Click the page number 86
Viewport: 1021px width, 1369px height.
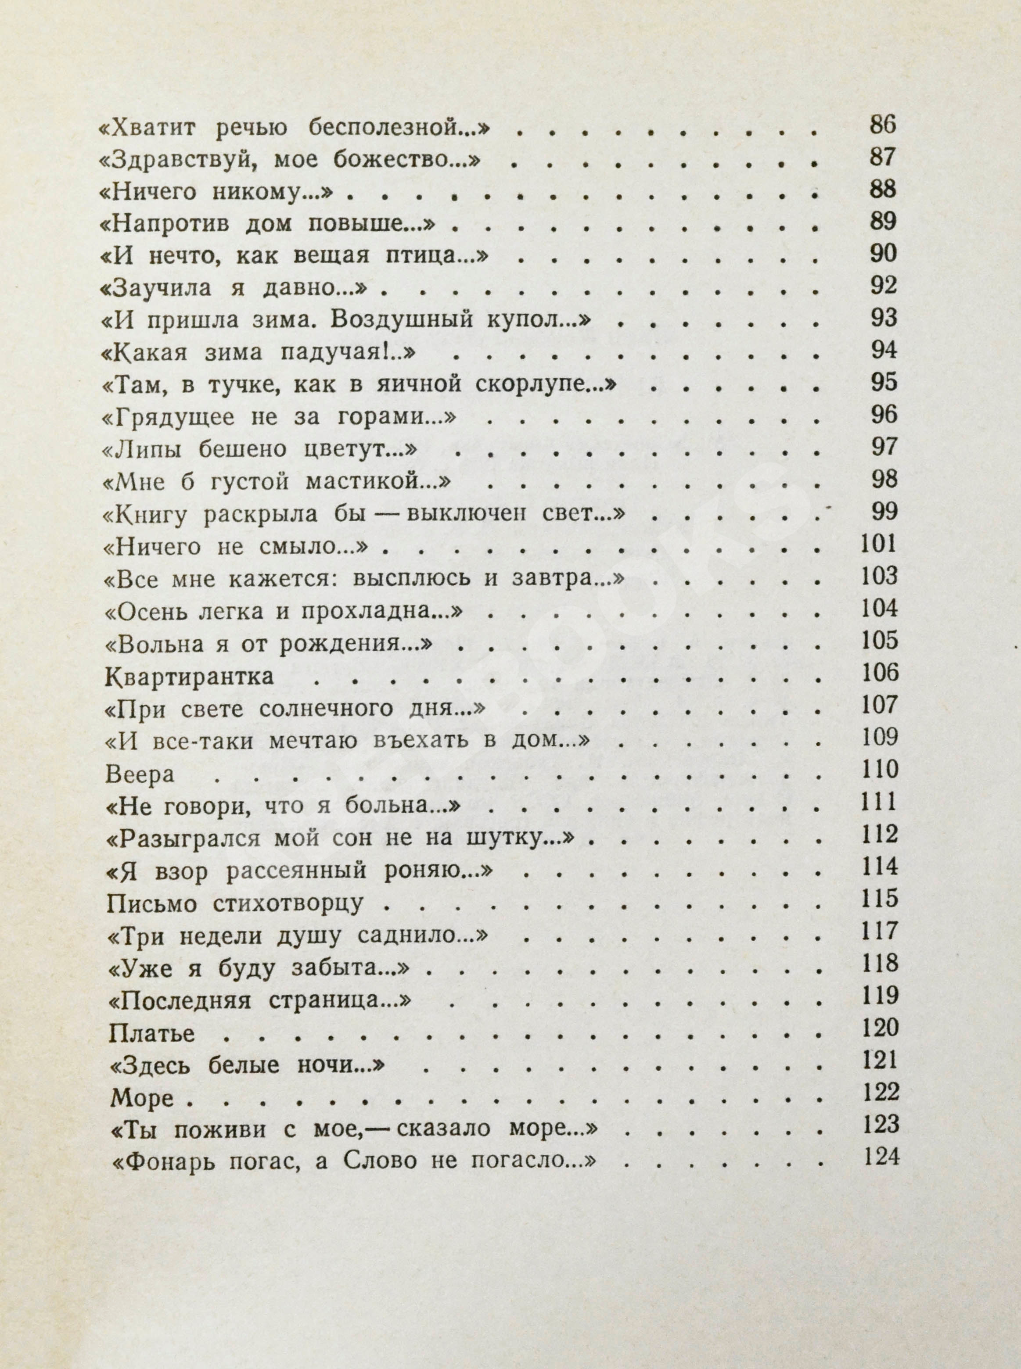coord(882,125)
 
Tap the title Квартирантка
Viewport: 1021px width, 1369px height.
coord(189,675)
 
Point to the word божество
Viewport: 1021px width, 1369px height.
coord(404,160)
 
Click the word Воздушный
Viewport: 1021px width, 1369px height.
coord(410,321)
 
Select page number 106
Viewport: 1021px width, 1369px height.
coord(879,672)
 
